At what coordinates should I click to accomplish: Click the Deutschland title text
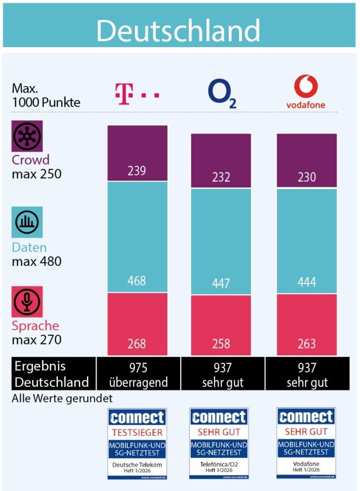[x=178, y=31]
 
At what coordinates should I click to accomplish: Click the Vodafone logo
[x=306, y=92]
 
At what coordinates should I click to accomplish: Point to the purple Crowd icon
[x=27, y=136]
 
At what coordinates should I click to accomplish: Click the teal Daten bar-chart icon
[x=27, y=222]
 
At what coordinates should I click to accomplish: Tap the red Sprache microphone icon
[x=27, y=302]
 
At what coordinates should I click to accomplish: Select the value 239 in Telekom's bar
[x=137, y=171]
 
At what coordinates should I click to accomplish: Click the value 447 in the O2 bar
[x=221, y=283]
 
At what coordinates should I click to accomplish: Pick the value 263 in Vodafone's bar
[x=307, y=344]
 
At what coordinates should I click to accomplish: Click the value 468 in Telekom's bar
[x=137, y=281]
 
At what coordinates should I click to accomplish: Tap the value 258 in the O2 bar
[x=221, y=344]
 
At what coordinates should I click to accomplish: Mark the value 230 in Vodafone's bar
[x=307, y=177]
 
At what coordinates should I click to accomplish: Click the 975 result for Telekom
[x=138, y=367]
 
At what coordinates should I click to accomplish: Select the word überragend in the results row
[x=138, y=382]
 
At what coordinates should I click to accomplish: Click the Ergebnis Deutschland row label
[x=51, y=374]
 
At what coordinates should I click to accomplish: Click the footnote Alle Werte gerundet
[x=62, y=399]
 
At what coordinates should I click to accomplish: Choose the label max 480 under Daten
[x=36, y=261]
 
